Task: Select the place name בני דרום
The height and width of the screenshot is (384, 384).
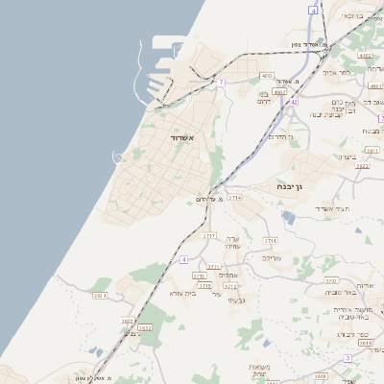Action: [269, 96]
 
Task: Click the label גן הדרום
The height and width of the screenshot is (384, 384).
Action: [276, 138]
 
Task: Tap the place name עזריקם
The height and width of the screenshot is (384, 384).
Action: [272, 258]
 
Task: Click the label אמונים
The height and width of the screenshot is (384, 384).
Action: [228, 276]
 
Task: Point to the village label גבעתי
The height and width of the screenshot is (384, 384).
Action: [241, 300]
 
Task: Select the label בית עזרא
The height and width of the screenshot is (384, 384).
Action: [180, 293]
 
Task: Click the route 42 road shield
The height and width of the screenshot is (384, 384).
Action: [295, 101]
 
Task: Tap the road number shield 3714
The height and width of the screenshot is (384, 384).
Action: [234, 196]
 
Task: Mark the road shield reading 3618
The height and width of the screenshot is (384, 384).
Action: [365, 341]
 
